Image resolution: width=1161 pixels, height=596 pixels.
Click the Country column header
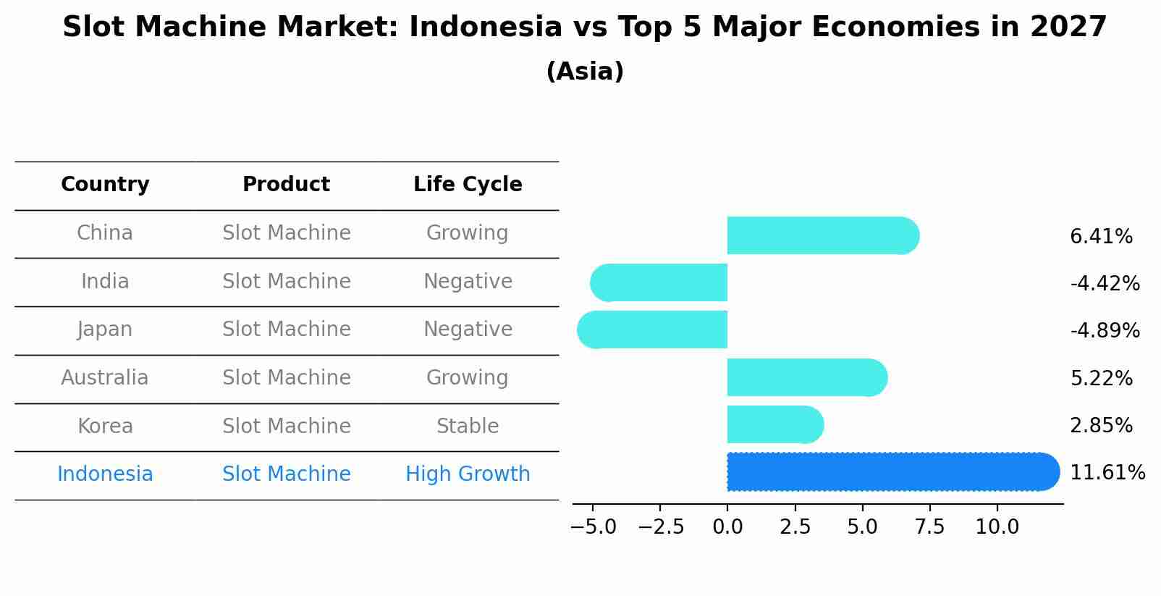105,185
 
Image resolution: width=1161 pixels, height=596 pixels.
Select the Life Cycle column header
468,185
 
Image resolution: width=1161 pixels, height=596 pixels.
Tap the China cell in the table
105,233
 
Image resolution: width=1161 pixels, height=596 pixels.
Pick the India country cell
105,281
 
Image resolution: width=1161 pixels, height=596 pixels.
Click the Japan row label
105,330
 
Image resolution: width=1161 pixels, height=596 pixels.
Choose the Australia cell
105,378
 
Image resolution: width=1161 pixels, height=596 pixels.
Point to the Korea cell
105,426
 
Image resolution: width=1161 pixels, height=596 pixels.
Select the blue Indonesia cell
105,474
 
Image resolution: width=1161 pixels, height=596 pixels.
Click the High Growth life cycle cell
468,474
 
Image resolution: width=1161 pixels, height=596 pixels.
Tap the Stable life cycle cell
468,426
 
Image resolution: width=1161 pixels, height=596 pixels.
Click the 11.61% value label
1107,473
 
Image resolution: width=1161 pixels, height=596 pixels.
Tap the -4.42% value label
1105,283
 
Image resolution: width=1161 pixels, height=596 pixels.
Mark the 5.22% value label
1101,378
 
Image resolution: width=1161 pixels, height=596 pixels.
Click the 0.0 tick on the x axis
727,527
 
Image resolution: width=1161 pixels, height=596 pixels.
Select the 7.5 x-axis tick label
930,527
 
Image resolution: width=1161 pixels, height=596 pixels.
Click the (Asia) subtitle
585,72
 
